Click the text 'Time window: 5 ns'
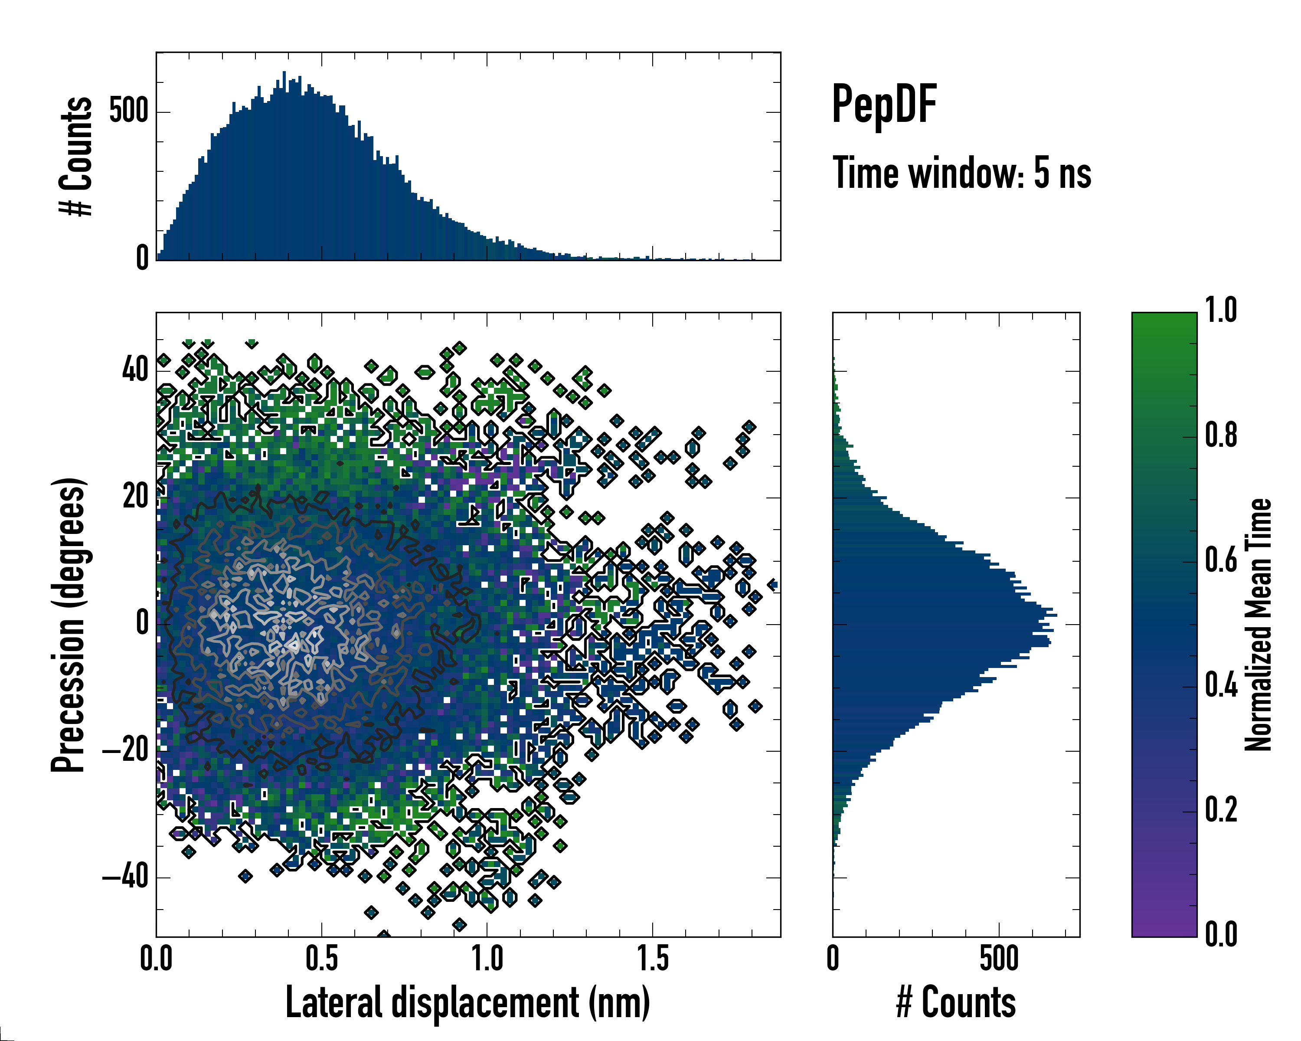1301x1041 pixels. (x=962, y=173)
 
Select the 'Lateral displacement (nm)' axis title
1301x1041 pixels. (x=467, y=1002)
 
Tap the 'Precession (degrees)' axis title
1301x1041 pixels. (x=68, y=625)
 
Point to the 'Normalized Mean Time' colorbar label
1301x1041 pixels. (x=1259, y=625)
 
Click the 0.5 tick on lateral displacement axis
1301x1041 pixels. (x=322, y=959)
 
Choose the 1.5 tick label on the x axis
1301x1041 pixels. (x=653, y=959)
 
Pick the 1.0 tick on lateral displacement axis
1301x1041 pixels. (x=487, y=959)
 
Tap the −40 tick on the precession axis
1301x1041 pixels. (x=125, y=877)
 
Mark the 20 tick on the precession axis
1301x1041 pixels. (x=135, y=497)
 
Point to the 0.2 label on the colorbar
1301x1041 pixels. (x=1221, y=810)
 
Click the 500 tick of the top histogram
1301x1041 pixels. (x=128, y=111)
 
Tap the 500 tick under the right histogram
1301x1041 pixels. (x=999, y=959)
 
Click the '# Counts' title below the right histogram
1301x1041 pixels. (x=956, y=1002)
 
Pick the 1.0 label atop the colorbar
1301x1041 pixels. (x=1221, y=311)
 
